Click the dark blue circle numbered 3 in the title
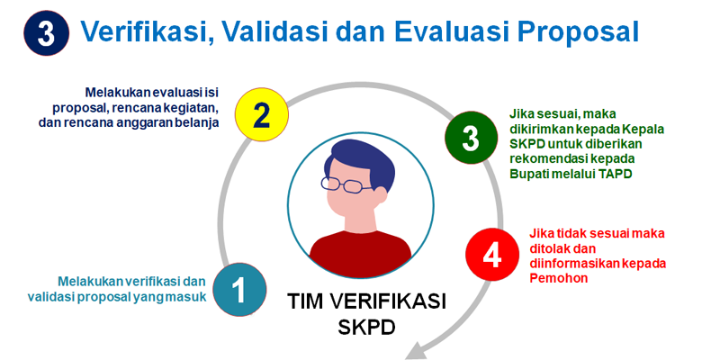point(47,33)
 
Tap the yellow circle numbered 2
point(261,115)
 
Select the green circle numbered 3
point(471,138)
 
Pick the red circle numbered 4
point(492,255)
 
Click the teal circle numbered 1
point(239,289)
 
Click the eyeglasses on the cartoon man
point(346,185)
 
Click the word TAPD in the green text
point(616,174)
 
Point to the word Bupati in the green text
point(527,174)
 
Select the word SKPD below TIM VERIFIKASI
point(366,327)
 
